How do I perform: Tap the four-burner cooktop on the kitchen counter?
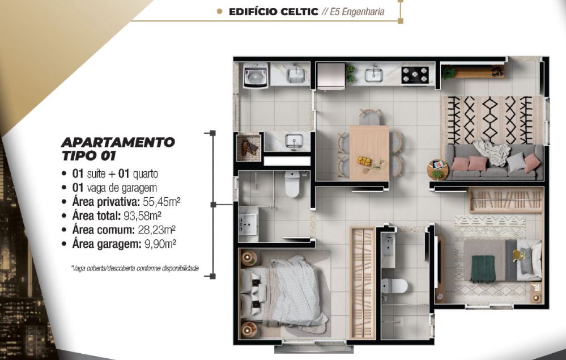coord(415,74)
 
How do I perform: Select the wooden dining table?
coord(369,152)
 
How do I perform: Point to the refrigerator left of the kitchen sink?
coord(330,76)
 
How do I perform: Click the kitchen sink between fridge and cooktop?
coord(373,74)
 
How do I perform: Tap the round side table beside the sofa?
coord(437,169)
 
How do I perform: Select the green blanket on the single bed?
coord(483,268)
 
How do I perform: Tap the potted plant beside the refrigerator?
coord(351,73)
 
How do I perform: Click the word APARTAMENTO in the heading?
coord(118,142)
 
